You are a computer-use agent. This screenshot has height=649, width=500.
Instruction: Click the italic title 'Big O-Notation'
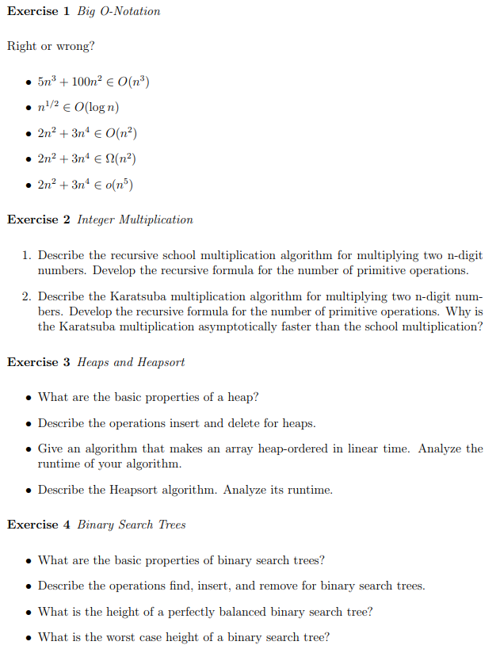(x=118, y=11)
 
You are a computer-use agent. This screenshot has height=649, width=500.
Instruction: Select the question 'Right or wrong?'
(x=51, y=46)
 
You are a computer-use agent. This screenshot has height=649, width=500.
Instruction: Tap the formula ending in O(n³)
(x=94, y=82)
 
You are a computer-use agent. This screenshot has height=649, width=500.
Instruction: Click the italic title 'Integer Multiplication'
(x=135, y=220)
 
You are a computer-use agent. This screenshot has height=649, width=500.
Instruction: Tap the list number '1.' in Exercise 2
(x=26, y=256)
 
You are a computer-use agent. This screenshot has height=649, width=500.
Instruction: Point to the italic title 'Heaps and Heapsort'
(x=131, y=362)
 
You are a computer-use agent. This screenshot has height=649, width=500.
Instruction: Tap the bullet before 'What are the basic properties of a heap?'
(x=29, y=398)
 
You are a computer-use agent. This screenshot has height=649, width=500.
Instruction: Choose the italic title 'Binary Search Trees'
(x=131, y=525)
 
